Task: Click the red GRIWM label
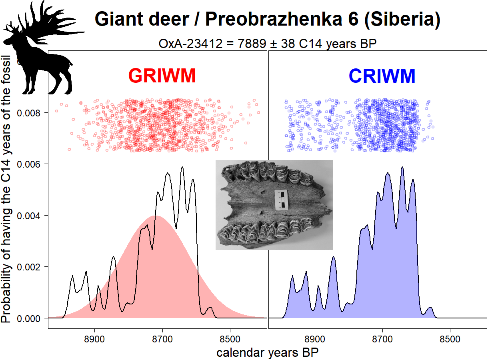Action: [162, 76]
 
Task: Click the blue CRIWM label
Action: [382, 76]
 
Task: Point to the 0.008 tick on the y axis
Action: [30, 113]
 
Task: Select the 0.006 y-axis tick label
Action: [30, 164]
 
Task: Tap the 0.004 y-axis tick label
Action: [30, 216]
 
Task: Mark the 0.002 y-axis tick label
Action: [30, 267]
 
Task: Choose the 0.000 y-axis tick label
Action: [30, 318]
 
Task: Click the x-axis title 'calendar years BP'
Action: [268, 353]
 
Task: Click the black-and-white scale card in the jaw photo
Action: [280, 200]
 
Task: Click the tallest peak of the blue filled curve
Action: [402, 168]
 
